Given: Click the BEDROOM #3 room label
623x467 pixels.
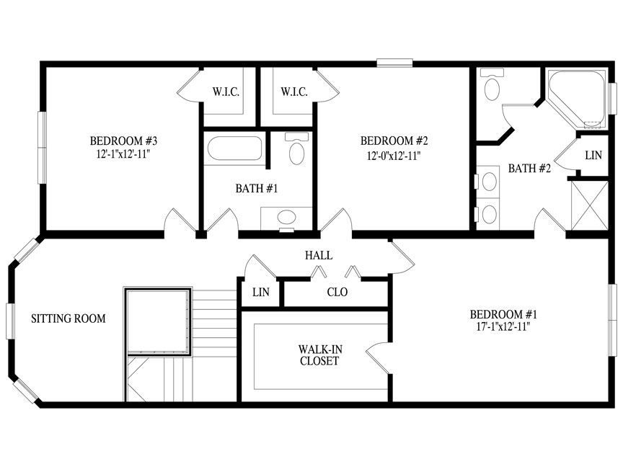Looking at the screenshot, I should pos(120,140).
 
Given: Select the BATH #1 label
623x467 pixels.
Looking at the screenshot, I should pos(256,189).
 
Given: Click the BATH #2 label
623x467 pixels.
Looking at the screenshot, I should pos(529,169).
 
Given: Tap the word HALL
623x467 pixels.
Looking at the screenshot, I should pos(318,255).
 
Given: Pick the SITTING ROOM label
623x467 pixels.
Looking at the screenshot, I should pos(69,319).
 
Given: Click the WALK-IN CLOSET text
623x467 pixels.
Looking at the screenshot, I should pos(319,355).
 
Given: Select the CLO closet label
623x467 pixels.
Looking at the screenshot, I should pos(337,293).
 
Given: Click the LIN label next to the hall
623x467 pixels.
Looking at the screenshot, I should pos(260,293).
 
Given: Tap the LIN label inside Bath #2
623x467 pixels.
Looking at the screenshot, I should pos(593,155).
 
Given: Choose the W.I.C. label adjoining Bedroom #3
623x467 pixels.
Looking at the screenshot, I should pos(225,92).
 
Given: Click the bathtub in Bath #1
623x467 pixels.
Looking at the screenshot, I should pos(235,150).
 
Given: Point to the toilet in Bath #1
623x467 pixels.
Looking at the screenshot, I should pos(296,149).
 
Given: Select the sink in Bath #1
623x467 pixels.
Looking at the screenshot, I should pos(286,218).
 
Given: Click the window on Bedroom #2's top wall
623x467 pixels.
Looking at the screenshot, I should pos(394,63).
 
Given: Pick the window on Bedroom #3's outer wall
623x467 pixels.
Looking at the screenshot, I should pos(42,148).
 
